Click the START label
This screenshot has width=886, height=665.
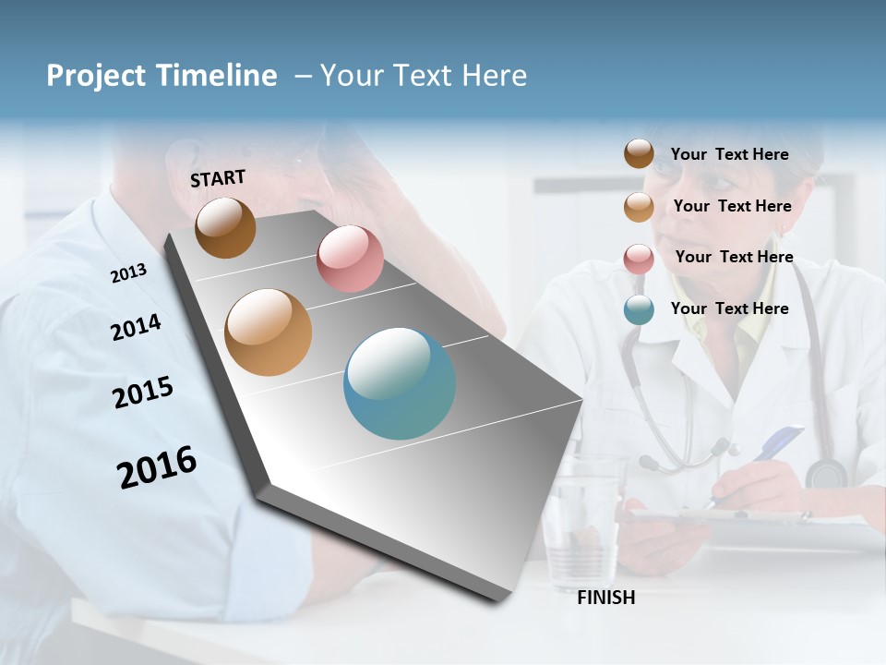click(x=218, y=178)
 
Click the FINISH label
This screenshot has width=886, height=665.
click(x=606, y=598)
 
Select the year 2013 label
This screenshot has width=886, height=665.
click(x=128, y=272)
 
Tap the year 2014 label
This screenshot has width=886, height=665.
click(x=136, y=327)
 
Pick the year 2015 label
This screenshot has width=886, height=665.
click(x=143, y=393)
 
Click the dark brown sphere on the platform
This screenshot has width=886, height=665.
click(x=225, y=227)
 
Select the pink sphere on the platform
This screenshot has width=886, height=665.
click(x=350, y=258)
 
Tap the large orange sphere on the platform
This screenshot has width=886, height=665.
click(x=268, y=332)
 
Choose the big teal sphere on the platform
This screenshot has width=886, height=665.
click(x=400, y=383)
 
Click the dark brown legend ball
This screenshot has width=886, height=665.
click(x=639, y=154)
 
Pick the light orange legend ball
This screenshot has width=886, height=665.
click(x=639, y=207)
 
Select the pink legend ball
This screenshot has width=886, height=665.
click(x=639, y=259)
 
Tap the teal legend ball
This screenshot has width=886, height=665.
click(x=639, y=310)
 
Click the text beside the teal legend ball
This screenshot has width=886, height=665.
click(x=729, y=308)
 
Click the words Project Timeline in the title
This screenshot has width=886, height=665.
click(x=162, y=76)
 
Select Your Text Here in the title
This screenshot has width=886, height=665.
click(x=424, y=76)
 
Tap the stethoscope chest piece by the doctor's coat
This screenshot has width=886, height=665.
click(x=825, y=474)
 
